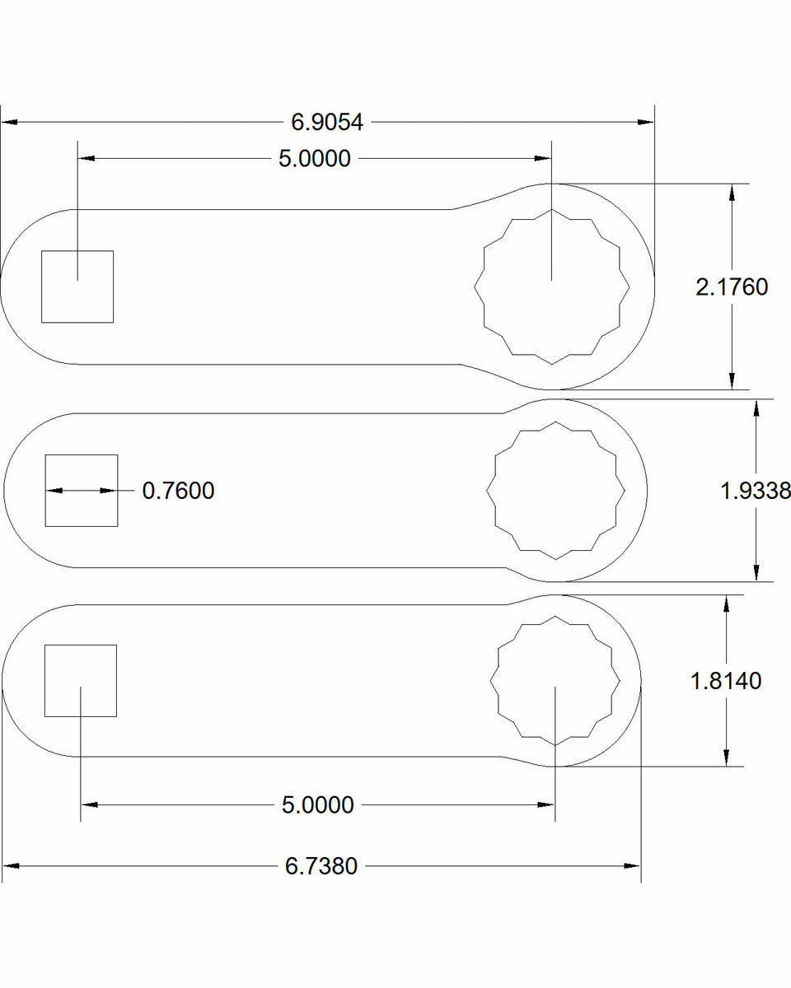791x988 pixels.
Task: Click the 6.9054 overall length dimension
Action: (x=327, y=122)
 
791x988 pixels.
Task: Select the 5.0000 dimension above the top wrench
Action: (x=314, y=158)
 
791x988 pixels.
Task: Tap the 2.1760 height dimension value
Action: (x=732, y=287)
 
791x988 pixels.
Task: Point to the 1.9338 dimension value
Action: (x=756, y=491)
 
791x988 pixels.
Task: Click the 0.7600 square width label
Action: (x=178, y=491)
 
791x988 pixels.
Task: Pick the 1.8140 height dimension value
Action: (x=726, y=681)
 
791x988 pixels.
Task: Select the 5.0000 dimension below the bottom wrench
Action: (x=317, y=804)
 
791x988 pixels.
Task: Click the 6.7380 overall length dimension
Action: (x=321, y=866)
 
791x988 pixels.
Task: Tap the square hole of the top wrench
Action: (x=77, y=287)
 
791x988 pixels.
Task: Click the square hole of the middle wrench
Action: (x=81, y=490)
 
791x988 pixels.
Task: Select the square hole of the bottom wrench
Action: (x=80, y=681)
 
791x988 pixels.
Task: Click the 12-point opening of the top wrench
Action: (x=552, y=287)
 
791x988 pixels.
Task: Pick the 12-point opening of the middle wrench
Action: (x=556, y=491)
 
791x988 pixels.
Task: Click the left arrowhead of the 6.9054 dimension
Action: (x=9, y=122)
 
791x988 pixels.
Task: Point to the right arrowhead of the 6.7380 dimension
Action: (x=633, y=866)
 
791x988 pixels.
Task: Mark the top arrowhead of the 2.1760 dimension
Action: (x=732, y=192)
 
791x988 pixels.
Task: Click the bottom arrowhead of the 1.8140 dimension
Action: (x=726, y=757)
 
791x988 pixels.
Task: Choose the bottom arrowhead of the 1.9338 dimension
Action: (x=756, y=573)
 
